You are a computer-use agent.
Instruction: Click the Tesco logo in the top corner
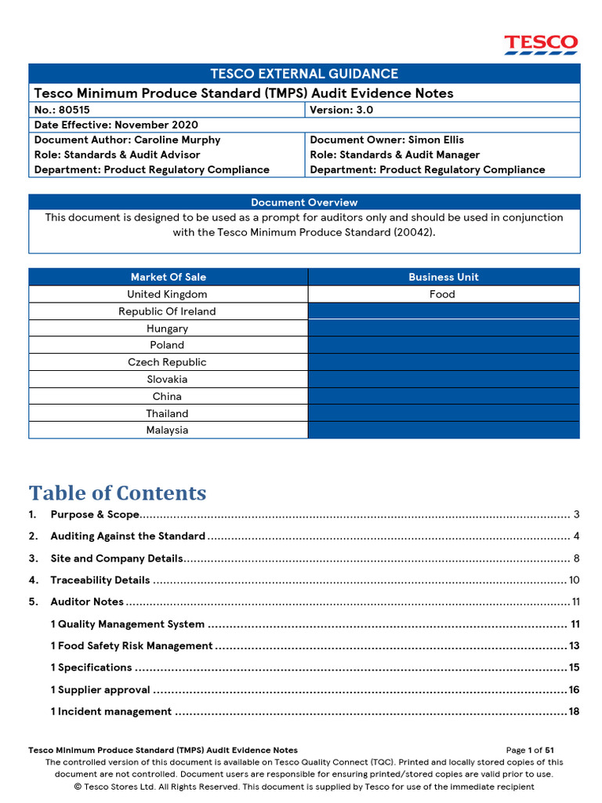(x=541, y=44)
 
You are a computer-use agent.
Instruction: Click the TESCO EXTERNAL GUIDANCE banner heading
(x=304, y=74)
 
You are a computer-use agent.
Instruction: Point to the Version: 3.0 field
(x=342, y=110)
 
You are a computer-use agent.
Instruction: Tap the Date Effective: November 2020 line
(x=116, y=125)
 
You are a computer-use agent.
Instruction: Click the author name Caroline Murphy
(x=177, y=140)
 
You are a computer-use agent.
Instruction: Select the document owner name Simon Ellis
(x=436, y=140)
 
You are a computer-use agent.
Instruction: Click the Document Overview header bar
(x=304, y=202)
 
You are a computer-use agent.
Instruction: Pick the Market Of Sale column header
(x=169, y=277)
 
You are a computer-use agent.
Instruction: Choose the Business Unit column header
(x=443, y=277)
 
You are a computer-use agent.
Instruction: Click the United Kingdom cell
(x=168, y=294)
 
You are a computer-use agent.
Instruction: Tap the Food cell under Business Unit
(x=443, y=294)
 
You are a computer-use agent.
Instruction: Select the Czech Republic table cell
(x=168, y=362)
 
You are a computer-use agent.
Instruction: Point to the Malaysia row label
(x=168, y=430)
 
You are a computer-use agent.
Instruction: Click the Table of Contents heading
(x=118, y=493)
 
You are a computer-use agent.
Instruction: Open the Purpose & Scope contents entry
(x=95, y=514)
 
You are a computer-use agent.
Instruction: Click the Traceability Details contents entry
(x=100, y=580)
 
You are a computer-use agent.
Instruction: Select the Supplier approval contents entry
(x=100, y=690)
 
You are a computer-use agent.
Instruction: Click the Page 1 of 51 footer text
(x=530, y=750)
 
